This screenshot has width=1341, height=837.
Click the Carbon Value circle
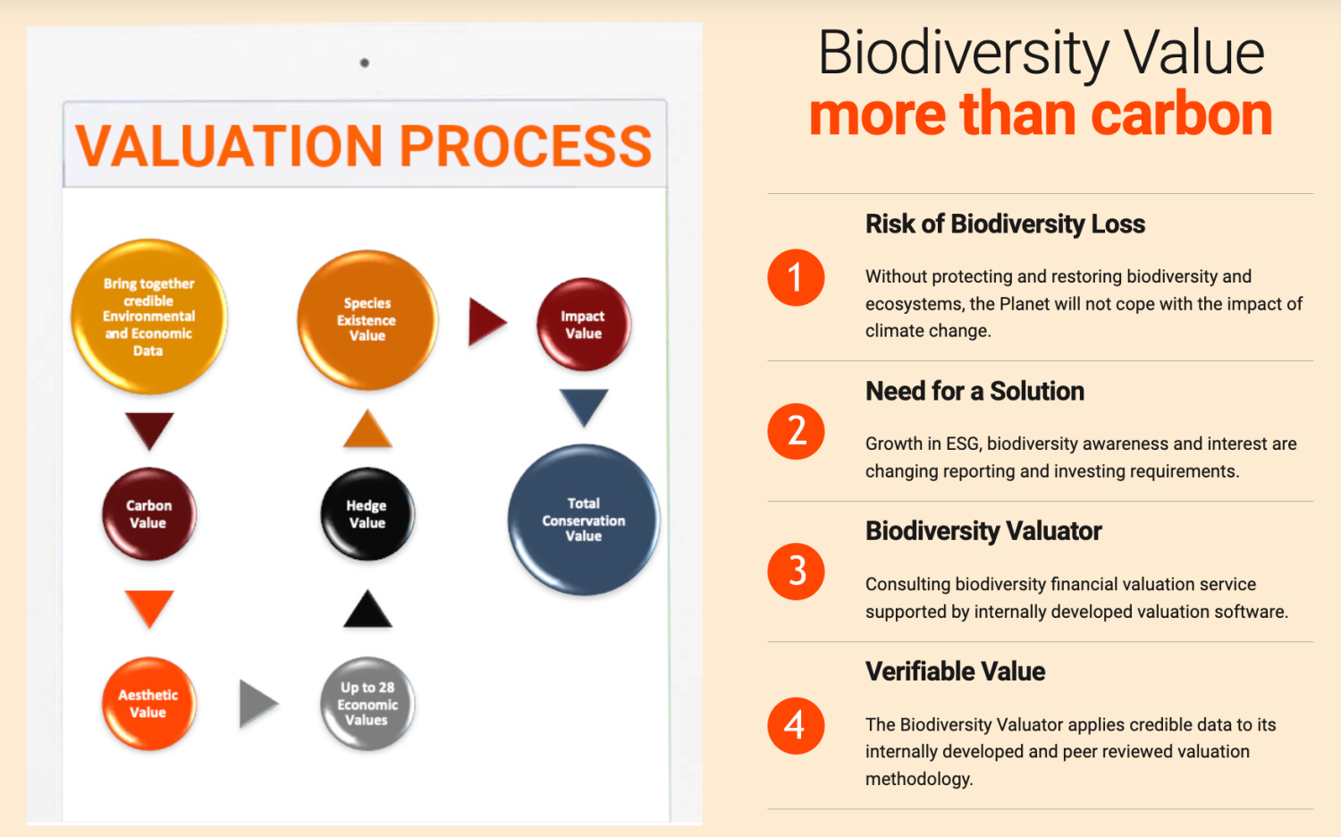[149, 513]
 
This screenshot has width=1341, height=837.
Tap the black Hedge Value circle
[367, 513]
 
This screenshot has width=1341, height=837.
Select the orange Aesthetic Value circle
[149, 704]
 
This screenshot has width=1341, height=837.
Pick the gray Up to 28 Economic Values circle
[367, 704]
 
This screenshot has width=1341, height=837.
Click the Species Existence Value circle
[367, 320]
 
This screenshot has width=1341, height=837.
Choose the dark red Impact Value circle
[583, 324]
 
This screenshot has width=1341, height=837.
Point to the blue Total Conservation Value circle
[583, 520]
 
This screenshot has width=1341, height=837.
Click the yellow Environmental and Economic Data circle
[149, 317]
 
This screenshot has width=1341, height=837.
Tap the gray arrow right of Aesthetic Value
[258, 704]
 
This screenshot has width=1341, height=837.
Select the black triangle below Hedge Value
[367, 610]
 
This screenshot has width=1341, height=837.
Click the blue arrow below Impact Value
[584, 407]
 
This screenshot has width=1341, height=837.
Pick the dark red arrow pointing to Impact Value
[486, 322]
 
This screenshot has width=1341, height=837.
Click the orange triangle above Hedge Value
[367, 428]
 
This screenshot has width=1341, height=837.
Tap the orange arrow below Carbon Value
[149, 608]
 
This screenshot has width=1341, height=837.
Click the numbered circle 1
[796, 278]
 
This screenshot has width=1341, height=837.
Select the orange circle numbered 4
[796, 725]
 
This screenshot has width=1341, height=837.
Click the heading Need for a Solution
[974, 392]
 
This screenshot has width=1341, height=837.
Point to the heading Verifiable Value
[955, 672]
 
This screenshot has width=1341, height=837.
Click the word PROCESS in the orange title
[525, 146]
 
